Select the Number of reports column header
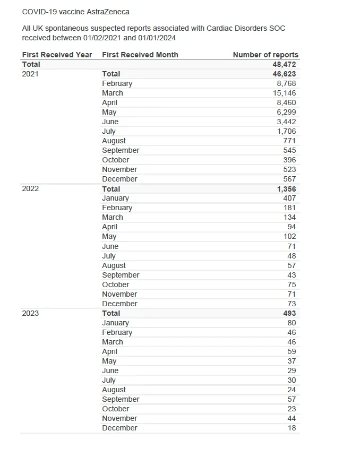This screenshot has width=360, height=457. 265,55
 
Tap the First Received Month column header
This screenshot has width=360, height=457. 140,55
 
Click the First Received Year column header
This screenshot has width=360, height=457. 57,55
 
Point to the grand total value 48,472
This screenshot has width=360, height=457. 284,64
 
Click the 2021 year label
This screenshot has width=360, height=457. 30,74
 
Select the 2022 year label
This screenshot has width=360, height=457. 30,188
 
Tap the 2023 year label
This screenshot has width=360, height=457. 30,313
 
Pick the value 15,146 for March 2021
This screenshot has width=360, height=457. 285,93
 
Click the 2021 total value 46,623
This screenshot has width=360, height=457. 284,74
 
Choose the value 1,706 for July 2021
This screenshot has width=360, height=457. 287,131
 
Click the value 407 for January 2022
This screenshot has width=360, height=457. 289,198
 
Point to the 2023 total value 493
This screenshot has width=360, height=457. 289,313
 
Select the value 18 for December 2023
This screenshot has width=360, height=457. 292,428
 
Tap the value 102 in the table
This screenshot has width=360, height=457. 289,236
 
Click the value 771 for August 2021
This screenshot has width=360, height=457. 289,141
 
